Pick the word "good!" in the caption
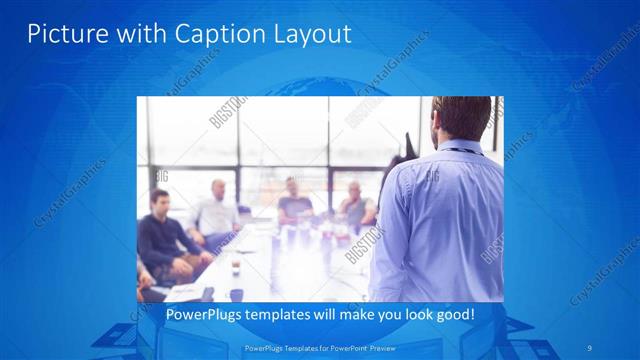tap(453, 314)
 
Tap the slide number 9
tap(589, 348)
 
